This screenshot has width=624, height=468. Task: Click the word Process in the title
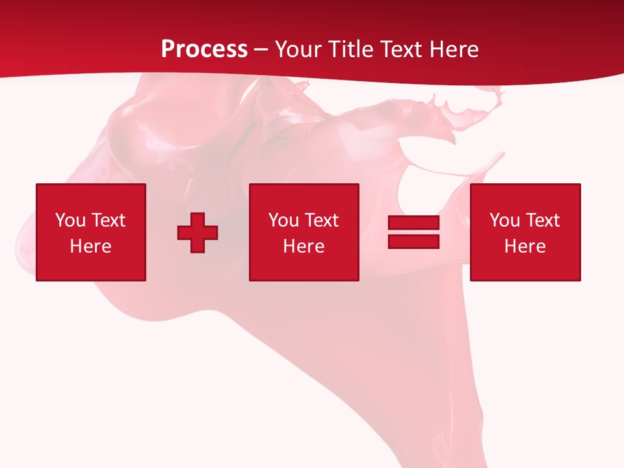tap(204, 49)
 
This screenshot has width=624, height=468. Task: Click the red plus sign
tap(198, 233)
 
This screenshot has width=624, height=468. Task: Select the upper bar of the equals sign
tap(413, 223)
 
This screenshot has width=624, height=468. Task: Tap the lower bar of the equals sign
tap(413, 241)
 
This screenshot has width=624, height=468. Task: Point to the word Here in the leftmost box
tap(90, 246)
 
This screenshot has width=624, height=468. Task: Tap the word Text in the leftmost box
tap(107, 220)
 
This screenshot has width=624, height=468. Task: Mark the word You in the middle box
tap(283, 220)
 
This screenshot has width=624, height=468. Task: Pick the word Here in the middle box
tap(304, 246)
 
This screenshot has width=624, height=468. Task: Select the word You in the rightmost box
tap(504, 220)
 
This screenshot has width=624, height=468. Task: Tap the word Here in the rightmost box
tap(525, 246)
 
